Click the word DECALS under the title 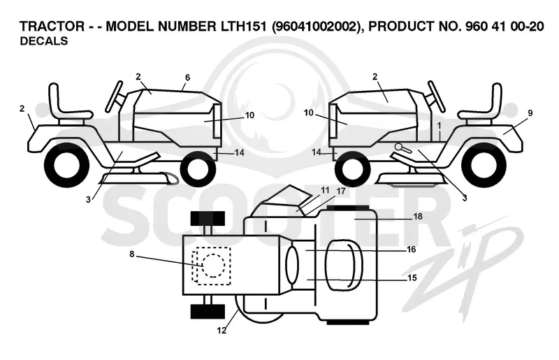pyautogui.click(x=44, y=41)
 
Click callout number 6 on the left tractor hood pyautogui.click(x=187, y=78)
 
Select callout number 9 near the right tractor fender pyautogui.click(x=530, y=113)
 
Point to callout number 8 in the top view pyautogui.click(x=131, y=254)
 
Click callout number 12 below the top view pyautogui.click(x=222, y=331)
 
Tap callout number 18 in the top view pyautogui.click(x=418, y=216)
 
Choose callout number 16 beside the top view pyautogui.click(x=412, y=250)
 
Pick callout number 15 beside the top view pyautogui.click(x=412, y=278)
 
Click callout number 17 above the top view pyautogui.click(x=341, y=192)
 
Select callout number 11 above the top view pyautogui.click(x=325, y=190)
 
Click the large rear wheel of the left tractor pyautogui.click(x=67, y=164)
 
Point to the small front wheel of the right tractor pyautogui.click(x=352, y=168)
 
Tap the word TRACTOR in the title pyautogui.click(x=52, y=26)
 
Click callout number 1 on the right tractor pyautogui.click(x=440, y=126)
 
